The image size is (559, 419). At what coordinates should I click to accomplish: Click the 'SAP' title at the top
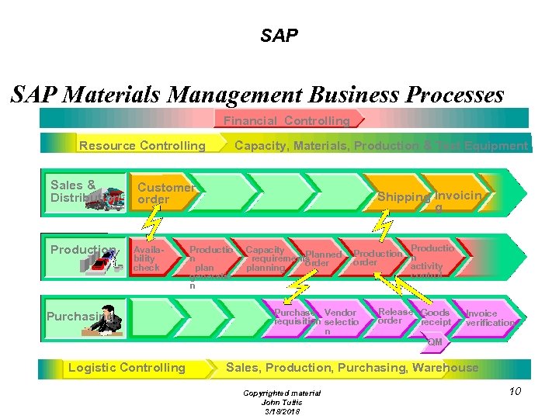tap(279, 36)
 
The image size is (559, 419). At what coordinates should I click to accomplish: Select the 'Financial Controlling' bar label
tap(286, 121)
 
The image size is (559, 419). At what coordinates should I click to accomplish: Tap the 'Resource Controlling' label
tap(142, 146)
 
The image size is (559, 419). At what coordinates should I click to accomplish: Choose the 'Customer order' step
tap(165, 193)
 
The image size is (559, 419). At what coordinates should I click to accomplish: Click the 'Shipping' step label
tap(404, 197)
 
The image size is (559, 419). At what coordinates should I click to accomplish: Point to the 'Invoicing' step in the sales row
tap(459, 200)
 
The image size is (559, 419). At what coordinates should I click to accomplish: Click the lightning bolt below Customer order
tap(154, 223)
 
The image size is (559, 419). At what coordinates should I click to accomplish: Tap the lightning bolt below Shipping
tap(383, 223)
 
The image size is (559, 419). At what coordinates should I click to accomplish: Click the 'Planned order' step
tap(322, 258)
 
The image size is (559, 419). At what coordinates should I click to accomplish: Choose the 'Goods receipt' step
tap(436, 317)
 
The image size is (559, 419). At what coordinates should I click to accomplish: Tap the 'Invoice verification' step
tap(489, 318)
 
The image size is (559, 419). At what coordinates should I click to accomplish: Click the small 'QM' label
tap(435, 342)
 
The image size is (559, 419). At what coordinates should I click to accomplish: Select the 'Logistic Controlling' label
tap(127, 368)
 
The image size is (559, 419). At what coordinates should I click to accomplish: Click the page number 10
tap(515, 391)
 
